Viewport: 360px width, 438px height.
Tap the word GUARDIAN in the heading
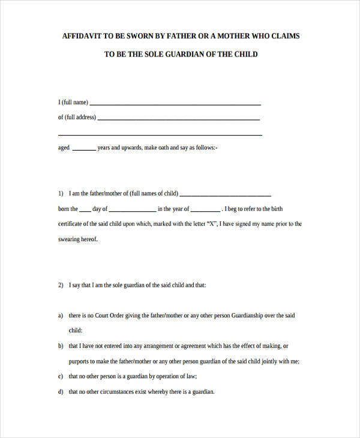(x=181, y=54)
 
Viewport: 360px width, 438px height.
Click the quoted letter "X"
(x=211, y=224)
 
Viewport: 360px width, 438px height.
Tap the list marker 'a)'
(x=61, y=316)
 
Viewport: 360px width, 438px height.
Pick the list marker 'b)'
(x=61, y=346)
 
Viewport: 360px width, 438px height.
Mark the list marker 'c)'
(x=61, y=377)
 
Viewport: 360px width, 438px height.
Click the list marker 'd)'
(x=61, y=392)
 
